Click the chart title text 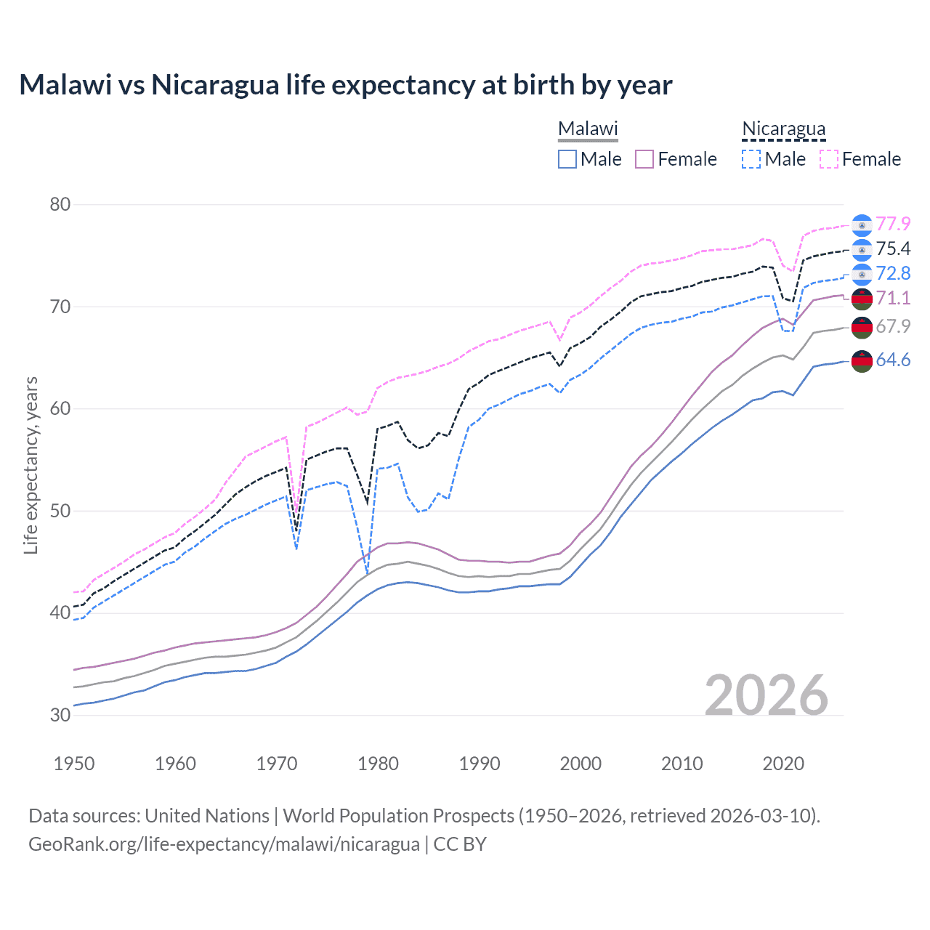(x=345, y=85)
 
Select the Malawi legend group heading (x=588, y=129)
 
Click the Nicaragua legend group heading (x=783, y=129)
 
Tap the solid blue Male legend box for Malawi (x=567, y=159)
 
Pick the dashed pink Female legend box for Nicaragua (x=829, y=159)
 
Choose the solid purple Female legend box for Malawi (x=644, y=159)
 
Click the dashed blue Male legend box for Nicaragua (x=752, y=159)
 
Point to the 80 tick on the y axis (x=60, y=204)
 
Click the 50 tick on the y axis (x=60, y=511)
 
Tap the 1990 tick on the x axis (x=480, y=764)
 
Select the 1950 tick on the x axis (x=74, y=764)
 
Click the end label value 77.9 (x=893, y=224)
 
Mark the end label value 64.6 (x=893, y=360)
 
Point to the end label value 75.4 (x=893, y=248)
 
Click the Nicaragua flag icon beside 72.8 (x=862, y=274)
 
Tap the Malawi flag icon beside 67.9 (x=862, y=327)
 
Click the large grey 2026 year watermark (x=767, y=695)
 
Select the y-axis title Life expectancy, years (x=31, y=465)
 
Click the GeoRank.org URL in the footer (x=224, y=844)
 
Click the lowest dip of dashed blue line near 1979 (x=368, y=572)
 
